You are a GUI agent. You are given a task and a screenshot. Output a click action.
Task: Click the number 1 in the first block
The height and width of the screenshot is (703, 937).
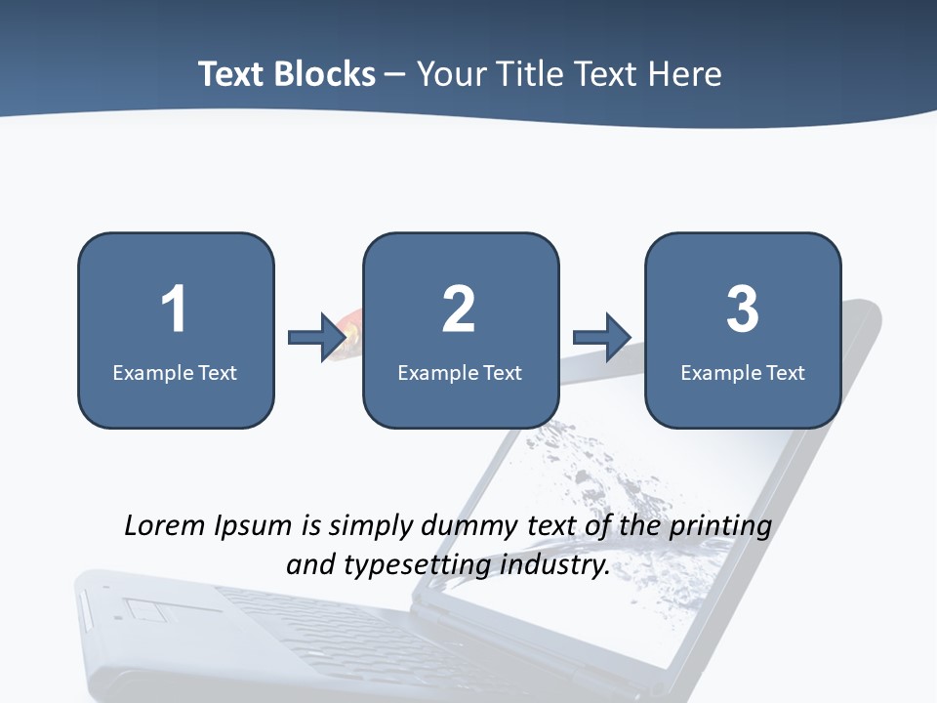(174, 310)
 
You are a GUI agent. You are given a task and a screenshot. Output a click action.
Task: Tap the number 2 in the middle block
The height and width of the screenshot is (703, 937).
(459, 310)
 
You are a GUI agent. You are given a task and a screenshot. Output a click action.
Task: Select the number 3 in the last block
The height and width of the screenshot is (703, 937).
(743, 310)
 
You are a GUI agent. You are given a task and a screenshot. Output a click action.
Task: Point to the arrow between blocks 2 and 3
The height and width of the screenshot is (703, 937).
(602, 338)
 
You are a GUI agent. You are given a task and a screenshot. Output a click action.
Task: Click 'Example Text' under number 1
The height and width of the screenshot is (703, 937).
(175, 372)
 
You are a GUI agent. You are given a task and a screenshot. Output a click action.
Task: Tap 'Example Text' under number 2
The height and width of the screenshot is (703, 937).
(460, 372)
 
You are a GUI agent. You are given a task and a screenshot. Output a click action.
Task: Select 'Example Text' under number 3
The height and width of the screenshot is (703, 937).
(743, 372)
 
